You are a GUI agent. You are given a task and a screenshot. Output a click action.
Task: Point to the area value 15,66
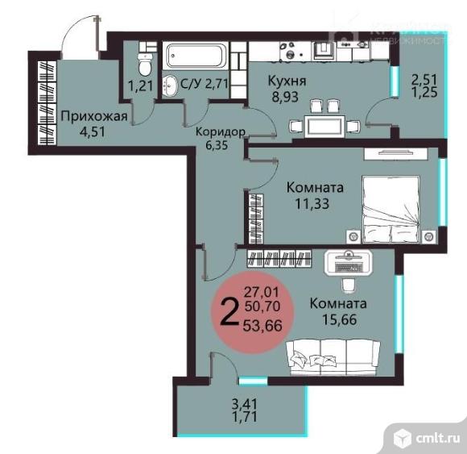pyautogui.click(x=338, y=319)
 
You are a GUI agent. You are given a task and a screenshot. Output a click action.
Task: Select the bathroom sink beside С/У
pyautogui.click(x=171, y=84)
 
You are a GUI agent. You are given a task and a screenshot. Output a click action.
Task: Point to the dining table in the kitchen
pyautogui.click(x=318, y=125)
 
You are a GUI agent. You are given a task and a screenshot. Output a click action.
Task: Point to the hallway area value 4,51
pyautogui.click(x=79, y=132)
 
